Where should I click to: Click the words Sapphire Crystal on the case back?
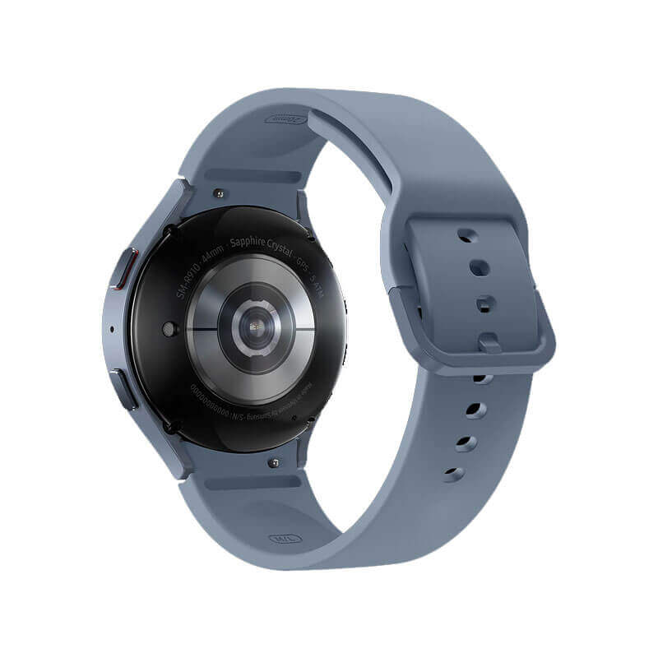tap(262, 245)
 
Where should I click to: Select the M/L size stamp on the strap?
tap(283, 539)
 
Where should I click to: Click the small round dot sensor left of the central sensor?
tap(169, 329)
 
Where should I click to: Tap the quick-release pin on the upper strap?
tap(217, 193)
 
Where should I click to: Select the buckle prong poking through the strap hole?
tap(488, 340)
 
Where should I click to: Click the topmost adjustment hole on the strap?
tap(468, 235)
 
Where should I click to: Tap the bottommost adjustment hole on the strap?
tap(453, 474)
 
